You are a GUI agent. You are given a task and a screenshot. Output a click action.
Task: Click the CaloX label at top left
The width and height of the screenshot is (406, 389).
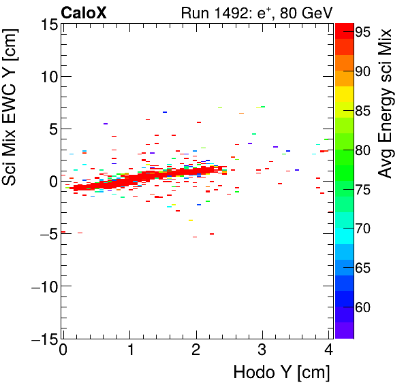coord(83,12)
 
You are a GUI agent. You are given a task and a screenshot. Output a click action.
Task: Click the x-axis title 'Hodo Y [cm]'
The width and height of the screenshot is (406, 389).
coord(281,373)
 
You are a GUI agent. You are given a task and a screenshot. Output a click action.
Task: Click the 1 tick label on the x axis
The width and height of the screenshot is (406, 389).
coord(129,351)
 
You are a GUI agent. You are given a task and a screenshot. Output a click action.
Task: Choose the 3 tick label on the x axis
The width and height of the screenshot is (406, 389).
coord(263,351)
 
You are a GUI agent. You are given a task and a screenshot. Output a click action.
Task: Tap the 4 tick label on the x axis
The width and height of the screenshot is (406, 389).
coord(329,351)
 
